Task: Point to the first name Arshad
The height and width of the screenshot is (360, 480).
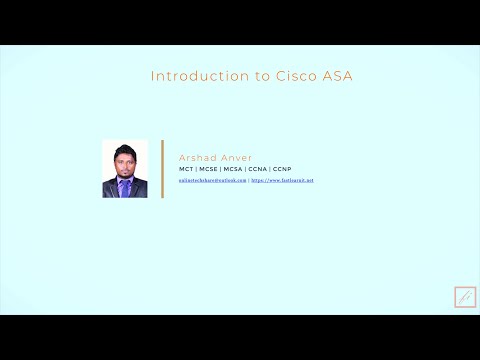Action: pos(196,158)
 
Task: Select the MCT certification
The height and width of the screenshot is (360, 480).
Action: pos(186,169)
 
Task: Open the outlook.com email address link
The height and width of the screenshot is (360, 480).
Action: pos(213,180)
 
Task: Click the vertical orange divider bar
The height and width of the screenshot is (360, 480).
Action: pos(162,169)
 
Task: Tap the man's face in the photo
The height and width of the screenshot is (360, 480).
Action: pos(125,160)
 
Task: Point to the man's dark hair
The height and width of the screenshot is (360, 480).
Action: pos(125,149)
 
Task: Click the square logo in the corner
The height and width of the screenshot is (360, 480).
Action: pos(465,297)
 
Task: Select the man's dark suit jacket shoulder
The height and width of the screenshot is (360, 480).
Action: pos(110,187)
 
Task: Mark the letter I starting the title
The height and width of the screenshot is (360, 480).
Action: pos(152,76)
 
